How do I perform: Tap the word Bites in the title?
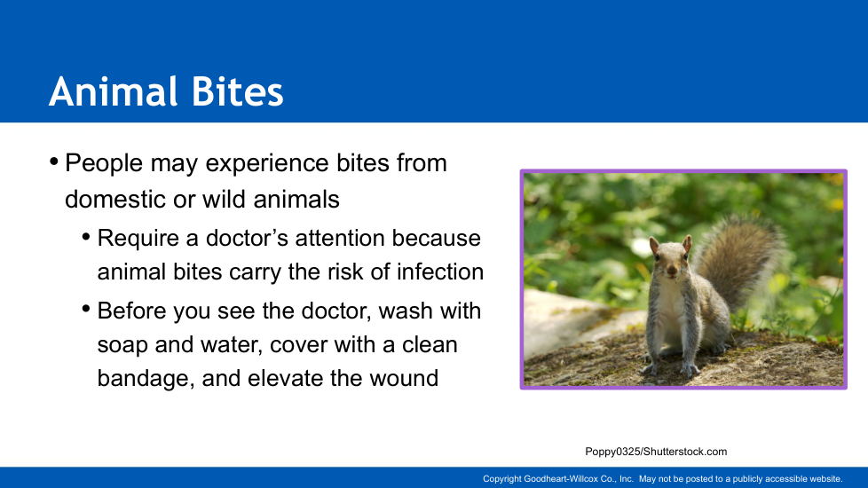tap(238, 91)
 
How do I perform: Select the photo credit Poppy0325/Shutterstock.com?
tap(656, 452)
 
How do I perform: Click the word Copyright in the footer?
tap(502, 479)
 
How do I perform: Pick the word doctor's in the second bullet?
tap(247, 238)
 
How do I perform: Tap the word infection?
tap(440, 272)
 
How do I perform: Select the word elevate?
tap(285, 379)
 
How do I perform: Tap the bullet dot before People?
tap(54, 162)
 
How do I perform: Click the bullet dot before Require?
tap(86, 238)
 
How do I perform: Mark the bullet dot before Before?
tap(86, 309)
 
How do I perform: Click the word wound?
tap(404, 379)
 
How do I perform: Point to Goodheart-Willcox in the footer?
tap(561, 479)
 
